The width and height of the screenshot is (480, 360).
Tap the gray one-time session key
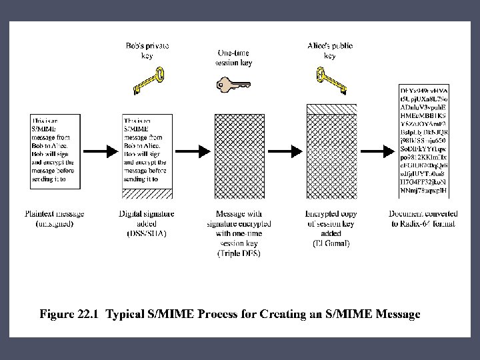(233, 85)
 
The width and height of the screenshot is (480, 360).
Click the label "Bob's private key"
(147, 51)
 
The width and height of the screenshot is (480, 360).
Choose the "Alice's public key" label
(329, 51)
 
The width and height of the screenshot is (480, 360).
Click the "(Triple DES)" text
(237, 254)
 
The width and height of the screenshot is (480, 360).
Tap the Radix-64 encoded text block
(423, 141)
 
